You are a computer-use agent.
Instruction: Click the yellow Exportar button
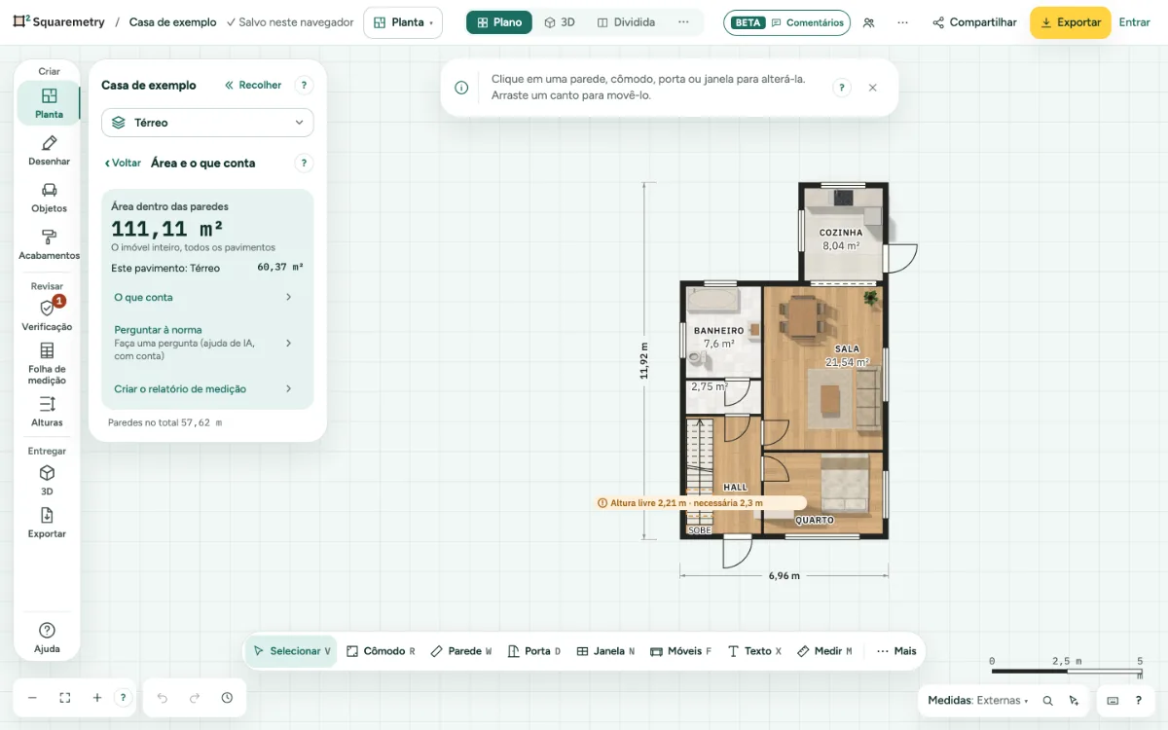tap(1070, 22)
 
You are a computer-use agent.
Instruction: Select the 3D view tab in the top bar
tap(560, 22)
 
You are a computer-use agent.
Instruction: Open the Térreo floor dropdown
tap(207, 123)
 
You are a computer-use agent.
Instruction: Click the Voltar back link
tap(123, 164)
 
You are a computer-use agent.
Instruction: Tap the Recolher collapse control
tap(253, 85)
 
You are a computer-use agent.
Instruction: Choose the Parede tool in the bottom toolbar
tap(461, 651)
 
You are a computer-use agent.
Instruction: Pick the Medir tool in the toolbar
tap(825, 651)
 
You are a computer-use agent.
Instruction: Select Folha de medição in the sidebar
tap(47, 363)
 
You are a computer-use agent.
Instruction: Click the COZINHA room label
tap(841, 233)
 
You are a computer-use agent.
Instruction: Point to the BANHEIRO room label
tap(718, 331)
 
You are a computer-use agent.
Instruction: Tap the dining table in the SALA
tap(803, 317)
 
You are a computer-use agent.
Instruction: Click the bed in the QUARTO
tap(845, 483)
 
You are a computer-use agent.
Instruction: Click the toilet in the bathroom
tap(698, 360)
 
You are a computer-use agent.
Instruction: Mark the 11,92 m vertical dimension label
tap(644, 361)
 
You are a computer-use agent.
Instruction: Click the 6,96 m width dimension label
tap(784, 575)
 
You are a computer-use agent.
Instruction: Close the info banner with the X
tap(872, 88)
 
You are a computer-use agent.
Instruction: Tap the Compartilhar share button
tap(974, 22)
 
